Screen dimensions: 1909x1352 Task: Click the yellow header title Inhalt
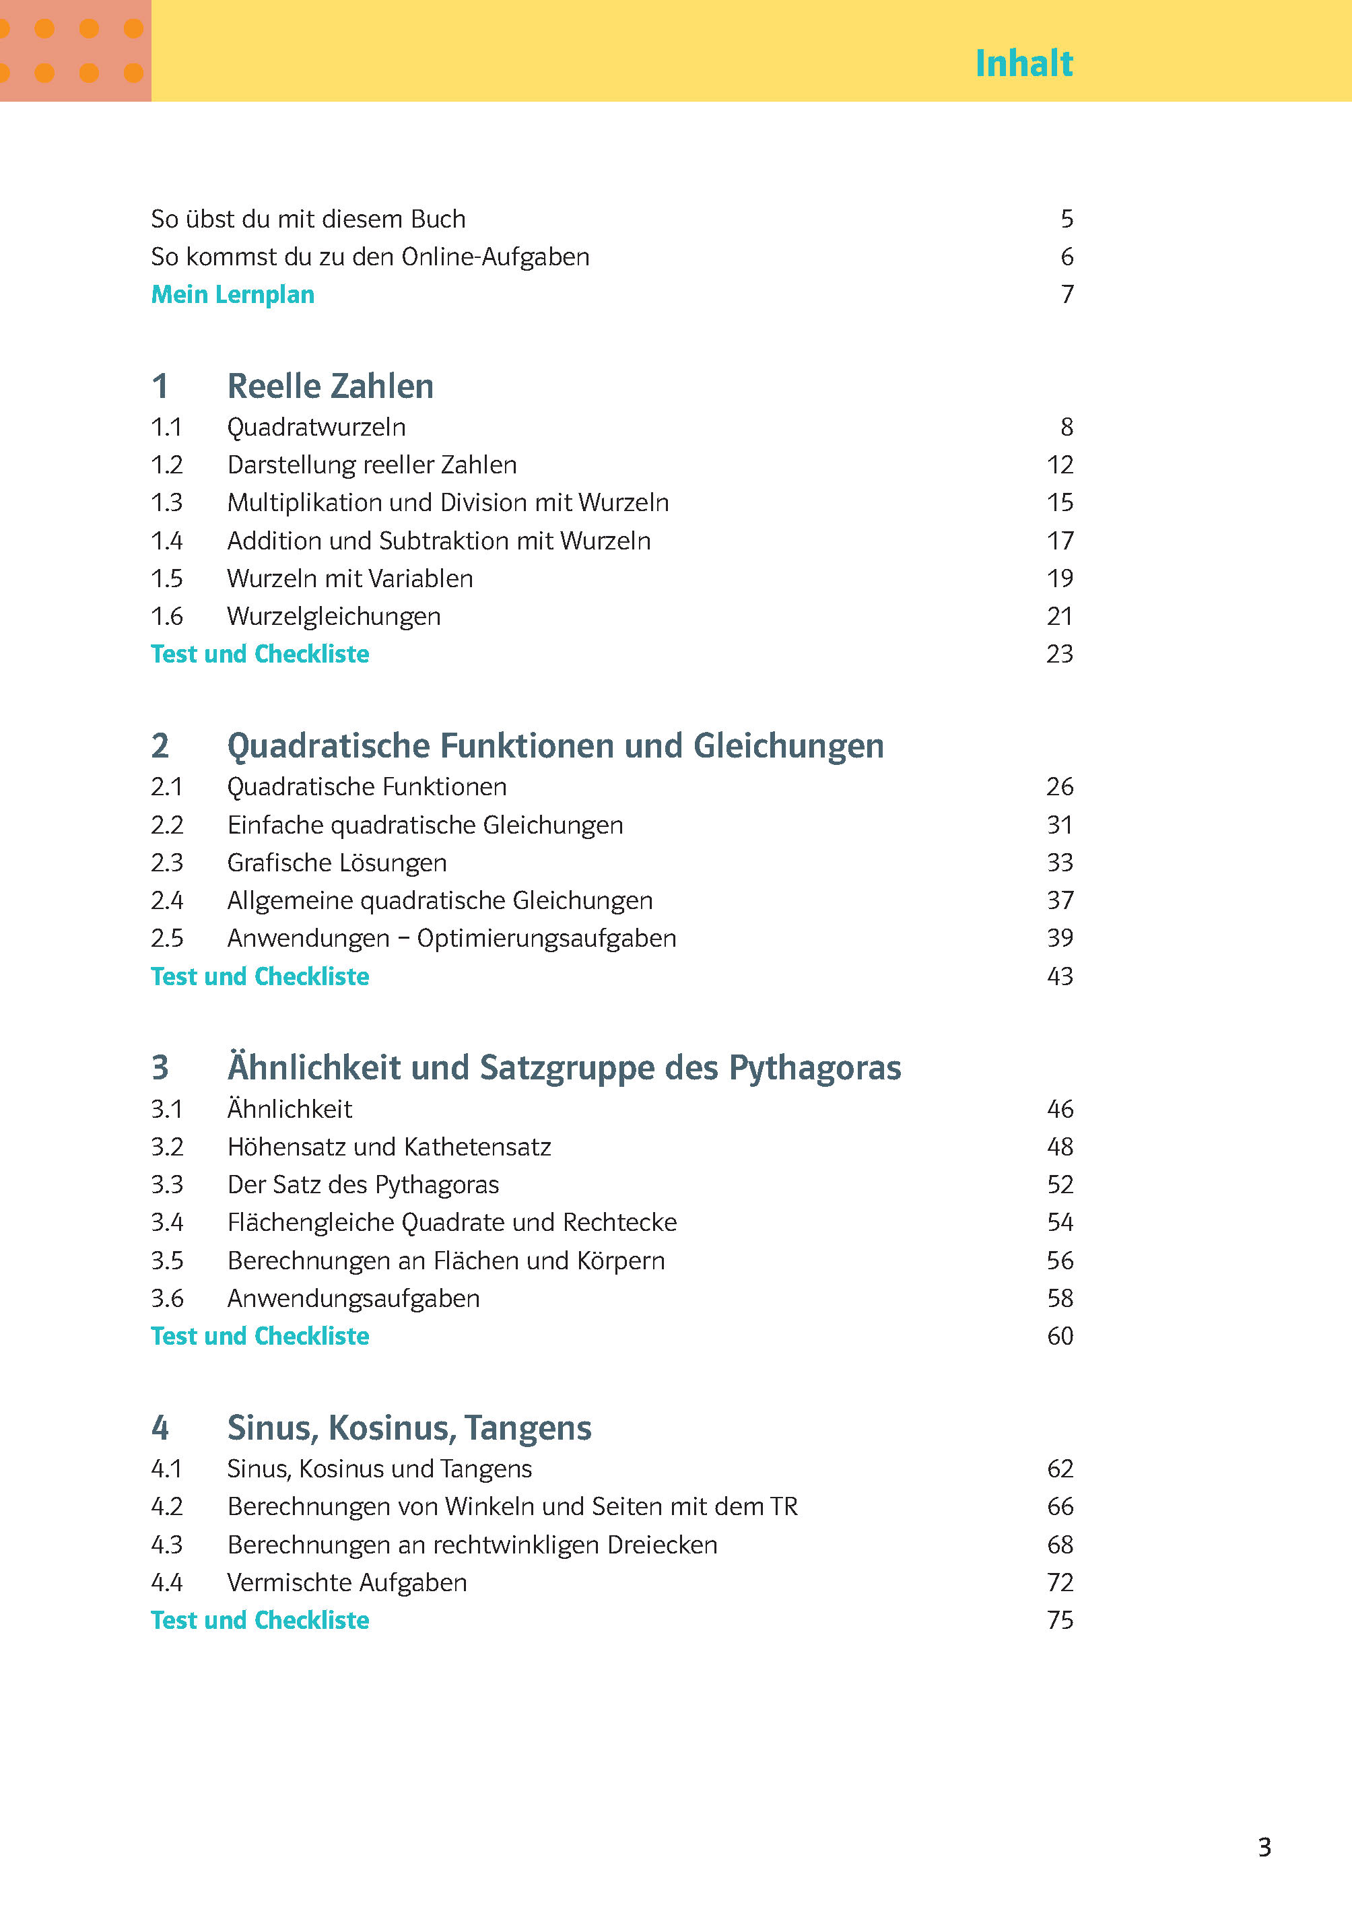[1023, 63]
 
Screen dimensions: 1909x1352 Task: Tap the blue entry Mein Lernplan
[232, 295]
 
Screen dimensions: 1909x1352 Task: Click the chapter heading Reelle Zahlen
[330, 387]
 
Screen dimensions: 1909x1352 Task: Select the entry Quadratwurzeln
[316, 427]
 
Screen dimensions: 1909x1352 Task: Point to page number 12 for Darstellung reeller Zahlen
[1059, 465]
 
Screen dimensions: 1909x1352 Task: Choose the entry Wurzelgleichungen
[334, 617]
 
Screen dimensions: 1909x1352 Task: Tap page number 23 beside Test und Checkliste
[1059, 655]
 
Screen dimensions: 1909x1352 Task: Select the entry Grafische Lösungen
[337, 863]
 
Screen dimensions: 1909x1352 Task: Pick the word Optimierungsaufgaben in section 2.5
[546, 938]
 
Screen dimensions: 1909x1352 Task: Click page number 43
[1059, 976]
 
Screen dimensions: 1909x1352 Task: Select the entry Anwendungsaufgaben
[353, 1299]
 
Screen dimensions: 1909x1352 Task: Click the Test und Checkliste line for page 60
[260, 1336]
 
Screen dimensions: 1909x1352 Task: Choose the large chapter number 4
[160, 1429]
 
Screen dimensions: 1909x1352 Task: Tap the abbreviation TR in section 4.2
[784, 1507]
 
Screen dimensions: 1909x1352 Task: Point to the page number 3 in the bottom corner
[1264, 1848]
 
